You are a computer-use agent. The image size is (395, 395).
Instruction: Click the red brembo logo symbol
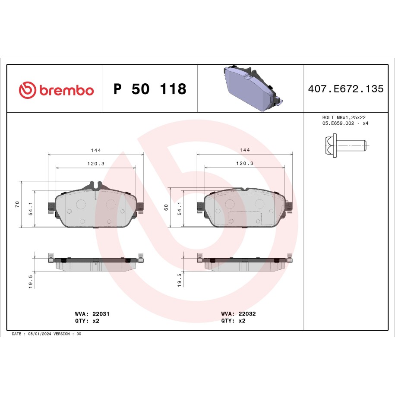click(27, 90)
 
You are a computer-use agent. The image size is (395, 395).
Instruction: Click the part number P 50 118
click(150, 89)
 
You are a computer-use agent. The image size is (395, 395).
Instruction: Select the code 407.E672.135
click(346, 89)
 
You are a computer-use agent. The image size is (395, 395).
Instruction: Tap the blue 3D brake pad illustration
click(253, 88)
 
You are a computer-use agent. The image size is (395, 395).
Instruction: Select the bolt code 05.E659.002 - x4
click(345, 123)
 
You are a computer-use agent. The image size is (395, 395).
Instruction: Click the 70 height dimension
click(17, 204)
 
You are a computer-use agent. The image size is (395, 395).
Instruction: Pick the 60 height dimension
click(166, 207)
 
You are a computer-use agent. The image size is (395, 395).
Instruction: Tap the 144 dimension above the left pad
click(96, 150)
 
